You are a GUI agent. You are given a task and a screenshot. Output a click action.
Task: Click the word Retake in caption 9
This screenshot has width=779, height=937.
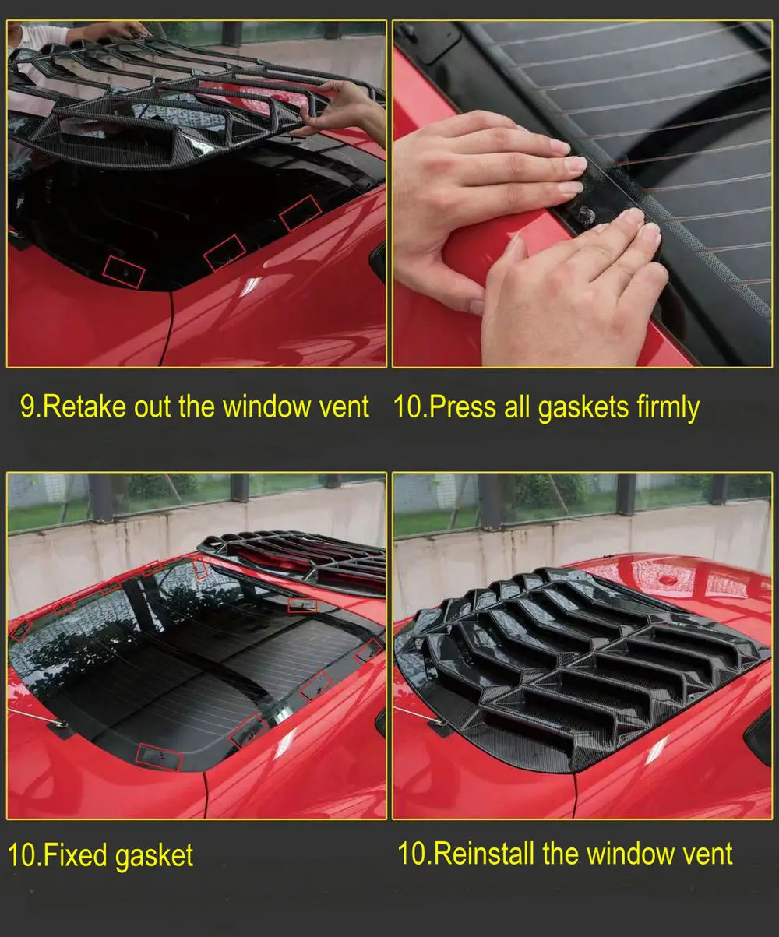coord(85,407)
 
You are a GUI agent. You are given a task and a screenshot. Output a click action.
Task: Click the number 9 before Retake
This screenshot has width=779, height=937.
coord(28,407)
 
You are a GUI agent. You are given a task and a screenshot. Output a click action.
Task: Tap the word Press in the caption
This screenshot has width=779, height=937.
coord(463,407)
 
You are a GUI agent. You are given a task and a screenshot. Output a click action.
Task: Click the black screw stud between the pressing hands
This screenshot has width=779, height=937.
coord(587,217)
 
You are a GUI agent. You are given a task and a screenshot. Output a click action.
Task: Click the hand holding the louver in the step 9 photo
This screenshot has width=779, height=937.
coord(341,110)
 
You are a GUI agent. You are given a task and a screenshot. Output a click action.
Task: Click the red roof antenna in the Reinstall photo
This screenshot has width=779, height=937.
coord(668,579)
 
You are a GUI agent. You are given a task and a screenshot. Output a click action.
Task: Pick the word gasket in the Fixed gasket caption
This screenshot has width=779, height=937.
coord(154,856)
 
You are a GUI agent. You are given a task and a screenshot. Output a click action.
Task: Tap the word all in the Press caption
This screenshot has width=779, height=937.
coord(517,407)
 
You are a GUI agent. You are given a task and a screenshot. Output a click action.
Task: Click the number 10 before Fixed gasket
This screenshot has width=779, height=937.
coord(21,855)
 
